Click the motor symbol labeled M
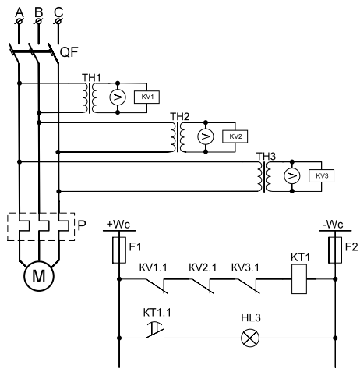point(39,276)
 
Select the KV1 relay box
point(146,97)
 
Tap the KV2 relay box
point(235,136)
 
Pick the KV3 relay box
point(321,176)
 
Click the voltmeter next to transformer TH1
point(118,97)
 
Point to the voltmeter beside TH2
point(206,136)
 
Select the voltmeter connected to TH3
point(292,176)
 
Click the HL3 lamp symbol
point(250,338)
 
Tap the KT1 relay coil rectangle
point(299,279)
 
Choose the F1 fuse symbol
point(119,250)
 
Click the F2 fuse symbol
point(335,250)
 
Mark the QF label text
point(69,52)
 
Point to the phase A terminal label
point(19,12)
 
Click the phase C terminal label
point(58,12)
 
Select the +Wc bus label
point(118,225)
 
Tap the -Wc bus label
point(333,225)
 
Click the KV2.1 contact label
point(203,267)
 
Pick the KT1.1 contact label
point(157,313)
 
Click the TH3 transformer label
point(266,157)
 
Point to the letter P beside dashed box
point(82,226)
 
